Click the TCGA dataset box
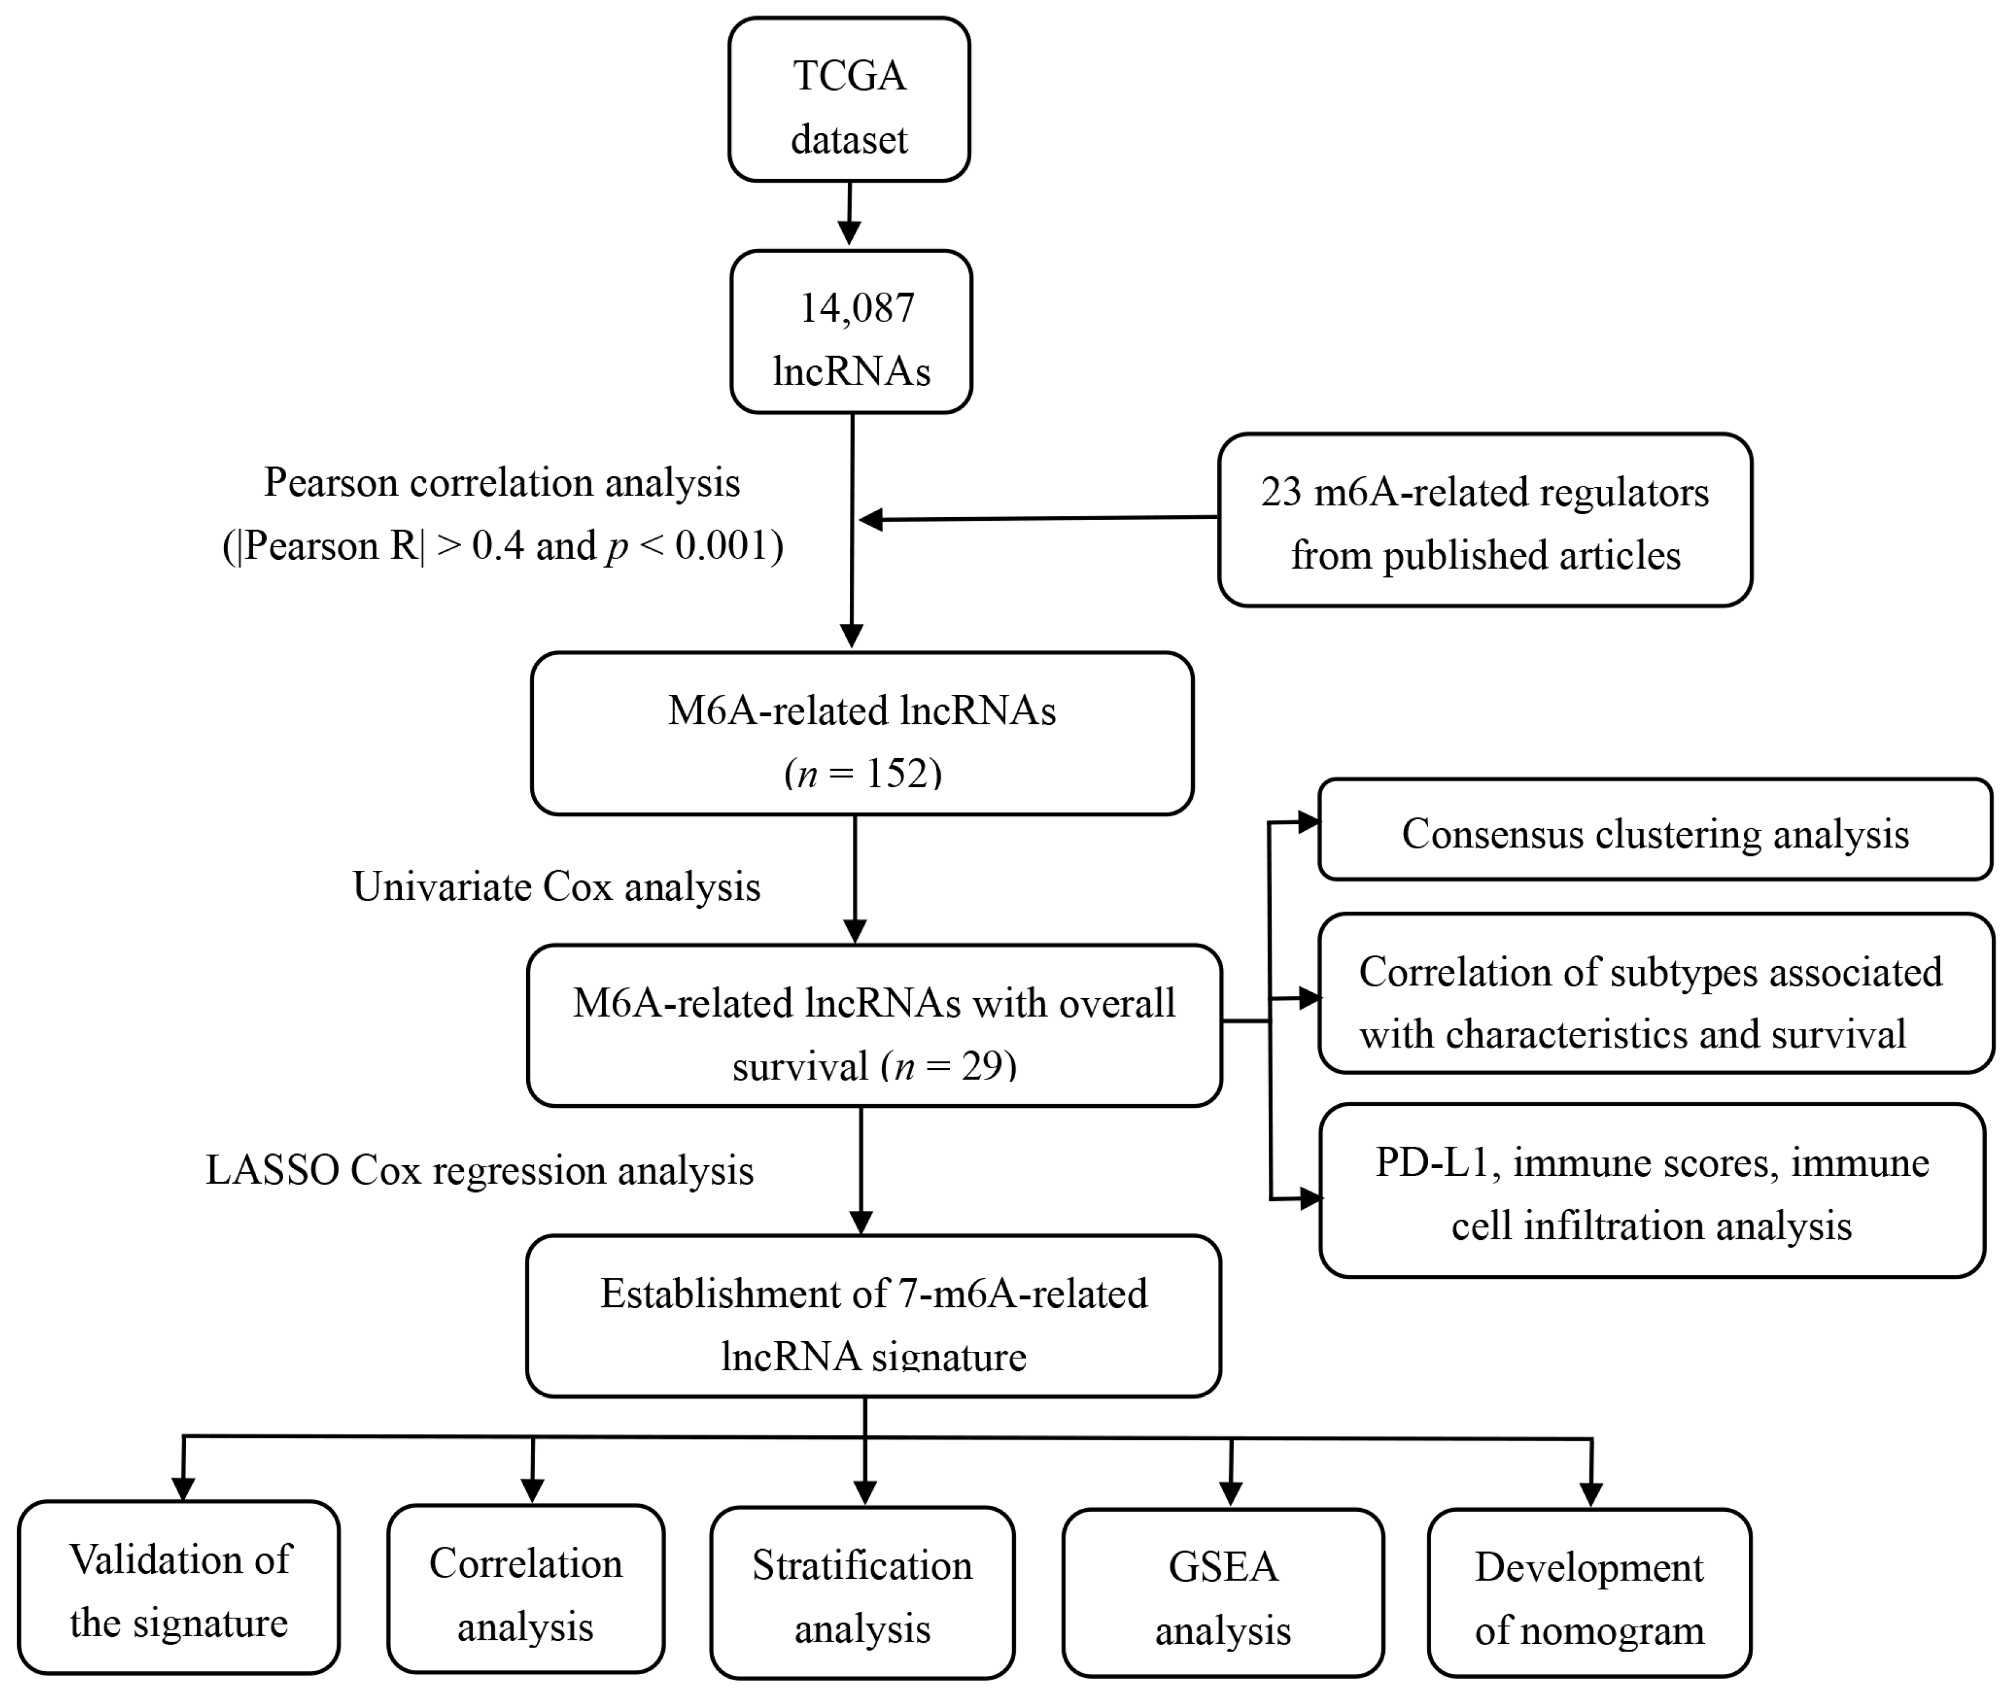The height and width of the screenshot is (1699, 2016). pyautogui.click(x=849, y=99)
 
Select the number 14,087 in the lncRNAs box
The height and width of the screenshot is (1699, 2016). pyautogui.click(x=856, y=308)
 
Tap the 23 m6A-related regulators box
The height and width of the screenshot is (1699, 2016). pyautogui.click(x=1484, y=520)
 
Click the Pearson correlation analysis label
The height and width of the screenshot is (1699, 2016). pyautogui.click(x=502, y=483)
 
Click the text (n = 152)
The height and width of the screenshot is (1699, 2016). pyautogui.click(x=862, y=774)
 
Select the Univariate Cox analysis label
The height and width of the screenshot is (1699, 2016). pyautogui.click(x=556, y=887)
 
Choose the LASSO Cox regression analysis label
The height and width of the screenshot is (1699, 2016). pyautogui.click(x=479, y=1170)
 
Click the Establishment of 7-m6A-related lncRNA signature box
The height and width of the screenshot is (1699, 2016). pyautogui.click(x=873, y=1316)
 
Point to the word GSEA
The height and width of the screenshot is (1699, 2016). pyautogui.click(x=1223, y=1567)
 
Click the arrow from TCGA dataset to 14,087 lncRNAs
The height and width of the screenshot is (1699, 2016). pyautogui.click(x=849, y=215)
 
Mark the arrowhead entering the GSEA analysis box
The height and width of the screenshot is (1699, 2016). pyautogui.click(x=1230, y=1493)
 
